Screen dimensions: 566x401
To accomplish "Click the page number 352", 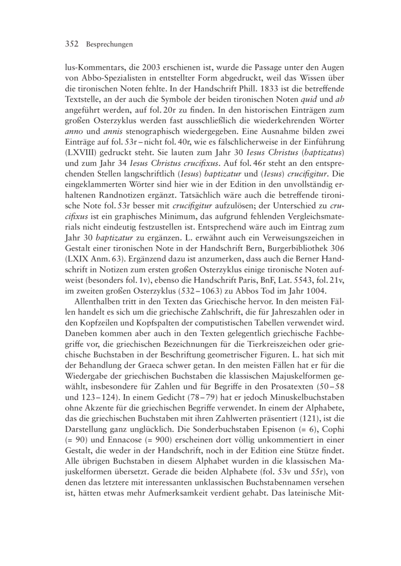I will (x=73, y=45).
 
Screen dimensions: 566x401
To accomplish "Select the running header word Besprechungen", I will (x=109, y=45).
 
